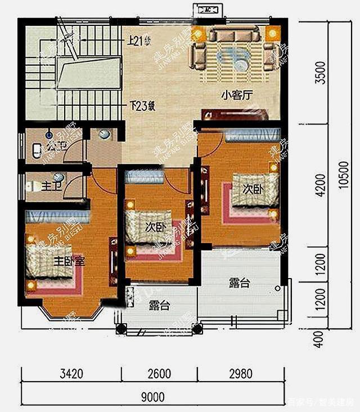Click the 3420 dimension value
pos(71,373)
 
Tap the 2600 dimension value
pos(160,373)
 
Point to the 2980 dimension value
pos(240,373)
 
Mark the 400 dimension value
pos(319,338)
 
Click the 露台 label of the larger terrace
pos(239,283)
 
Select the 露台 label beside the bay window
pos(160,306)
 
